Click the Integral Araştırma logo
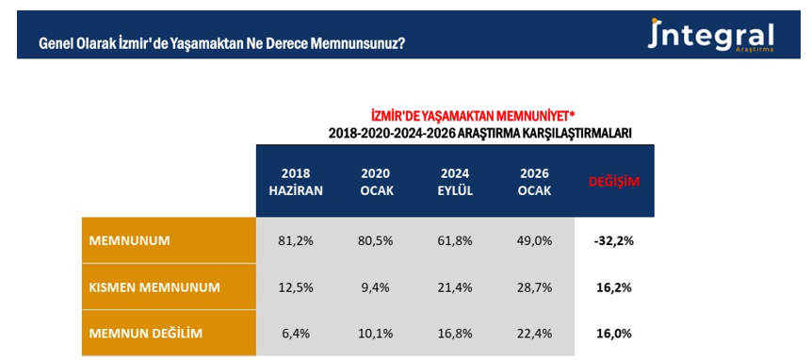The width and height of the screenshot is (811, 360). point(712,37)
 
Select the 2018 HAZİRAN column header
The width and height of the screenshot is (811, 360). point(296,181)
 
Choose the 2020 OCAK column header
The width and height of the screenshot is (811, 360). point(376,181)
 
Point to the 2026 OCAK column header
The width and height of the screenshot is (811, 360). point(535,181)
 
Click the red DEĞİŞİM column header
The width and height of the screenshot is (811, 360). point(614,181)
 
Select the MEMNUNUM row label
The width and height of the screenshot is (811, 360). point(129,240)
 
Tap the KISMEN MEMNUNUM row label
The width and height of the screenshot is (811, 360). point(154,286)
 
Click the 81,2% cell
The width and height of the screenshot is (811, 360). point(296,240)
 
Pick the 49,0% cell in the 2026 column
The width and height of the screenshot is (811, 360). point(535,240)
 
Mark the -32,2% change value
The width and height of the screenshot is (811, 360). point(614,240)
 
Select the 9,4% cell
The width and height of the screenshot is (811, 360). point(376,286)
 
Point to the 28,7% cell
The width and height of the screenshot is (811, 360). point(535,286)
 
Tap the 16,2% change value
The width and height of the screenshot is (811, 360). point(614,286)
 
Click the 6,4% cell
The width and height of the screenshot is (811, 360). point(296,333)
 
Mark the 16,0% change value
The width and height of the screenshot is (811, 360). point(614,333)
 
